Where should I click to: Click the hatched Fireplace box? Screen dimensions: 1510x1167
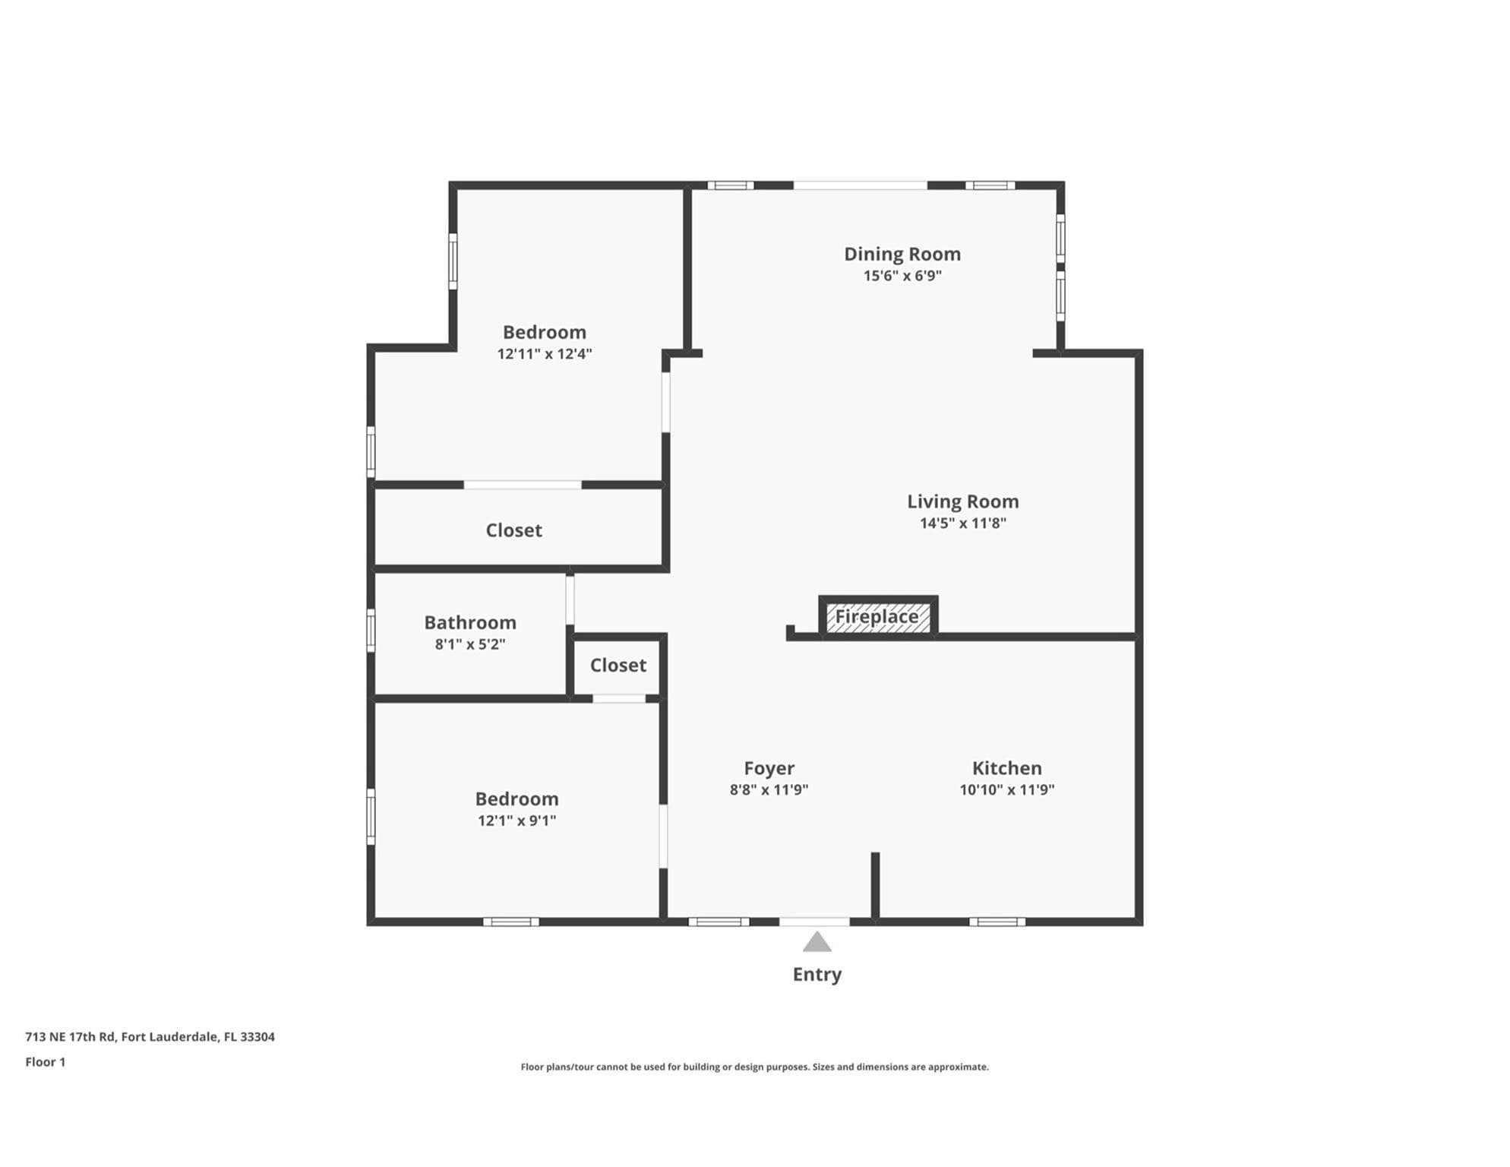coord(878,616)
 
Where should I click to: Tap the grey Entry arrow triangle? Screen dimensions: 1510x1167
coord(817,941)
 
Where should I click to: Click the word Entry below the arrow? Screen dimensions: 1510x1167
coord(817,974)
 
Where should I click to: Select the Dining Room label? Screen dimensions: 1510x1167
coord(902,254)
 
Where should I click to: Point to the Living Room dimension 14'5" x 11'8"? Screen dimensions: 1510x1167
coord(963,523)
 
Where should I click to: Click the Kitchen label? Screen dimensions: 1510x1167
coord(1007,768)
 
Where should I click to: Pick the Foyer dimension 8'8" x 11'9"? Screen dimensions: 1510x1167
coord(769,789)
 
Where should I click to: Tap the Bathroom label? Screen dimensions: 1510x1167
coord(470,623)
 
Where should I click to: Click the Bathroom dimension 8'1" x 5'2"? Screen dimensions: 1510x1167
coord(470,644)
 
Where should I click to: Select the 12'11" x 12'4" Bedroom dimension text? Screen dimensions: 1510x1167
coord(545,353)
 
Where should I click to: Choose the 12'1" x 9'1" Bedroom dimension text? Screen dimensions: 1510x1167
coord(517,821)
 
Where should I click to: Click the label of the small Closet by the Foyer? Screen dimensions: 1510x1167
coord(618,666)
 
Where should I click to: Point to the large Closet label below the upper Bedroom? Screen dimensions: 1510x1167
coord(514,530)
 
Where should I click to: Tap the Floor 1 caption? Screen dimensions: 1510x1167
coord(46,1062)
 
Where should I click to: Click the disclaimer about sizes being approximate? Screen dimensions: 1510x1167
coord(755,1067)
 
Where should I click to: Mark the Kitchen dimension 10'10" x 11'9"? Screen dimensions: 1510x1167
coord(1007,789)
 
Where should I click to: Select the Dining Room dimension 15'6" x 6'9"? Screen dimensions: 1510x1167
coord(902,276)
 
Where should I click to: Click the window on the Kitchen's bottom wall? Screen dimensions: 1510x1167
coord(997,922)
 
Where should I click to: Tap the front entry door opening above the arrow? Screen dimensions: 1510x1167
coord(814,922)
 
